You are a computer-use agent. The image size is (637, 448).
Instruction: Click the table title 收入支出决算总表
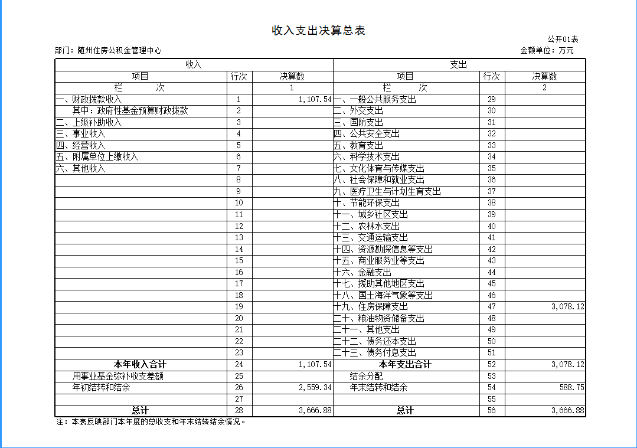coord(318,31)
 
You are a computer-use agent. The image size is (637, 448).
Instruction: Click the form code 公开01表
coord(563,40)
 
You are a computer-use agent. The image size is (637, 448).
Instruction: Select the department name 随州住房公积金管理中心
coord(120,51)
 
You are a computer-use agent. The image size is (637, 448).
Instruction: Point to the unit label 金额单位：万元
coord(547,51)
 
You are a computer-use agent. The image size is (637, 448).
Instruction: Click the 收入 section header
coord(194,64)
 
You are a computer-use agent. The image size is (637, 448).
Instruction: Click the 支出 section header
coord(459,64)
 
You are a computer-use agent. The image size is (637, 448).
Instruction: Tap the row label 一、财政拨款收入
coord(89,99)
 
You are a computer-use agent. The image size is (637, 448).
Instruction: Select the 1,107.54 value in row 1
coord(315,99)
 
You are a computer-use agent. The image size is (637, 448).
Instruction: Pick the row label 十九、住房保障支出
coord(370,306)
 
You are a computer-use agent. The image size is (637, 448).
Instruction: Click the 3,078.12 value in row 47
coord(567,306)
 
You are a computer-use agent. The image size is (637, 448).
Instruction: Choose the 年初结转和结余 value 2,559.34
coord(315,388)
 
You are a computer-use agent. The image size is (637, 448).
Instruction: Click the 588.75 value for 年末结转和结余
coord(571,388)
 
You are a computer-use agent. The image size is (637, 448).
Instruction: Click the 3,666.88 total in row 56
coord(567,410)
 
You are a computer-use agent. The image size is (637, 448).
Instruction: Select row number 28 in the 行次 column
coord(239,410)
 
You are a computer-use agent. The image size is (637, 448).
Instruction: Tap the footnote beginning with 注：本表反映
coord(151,421)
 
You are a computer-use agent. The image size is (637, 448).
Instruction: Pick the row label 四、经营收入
coord(80,145)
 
